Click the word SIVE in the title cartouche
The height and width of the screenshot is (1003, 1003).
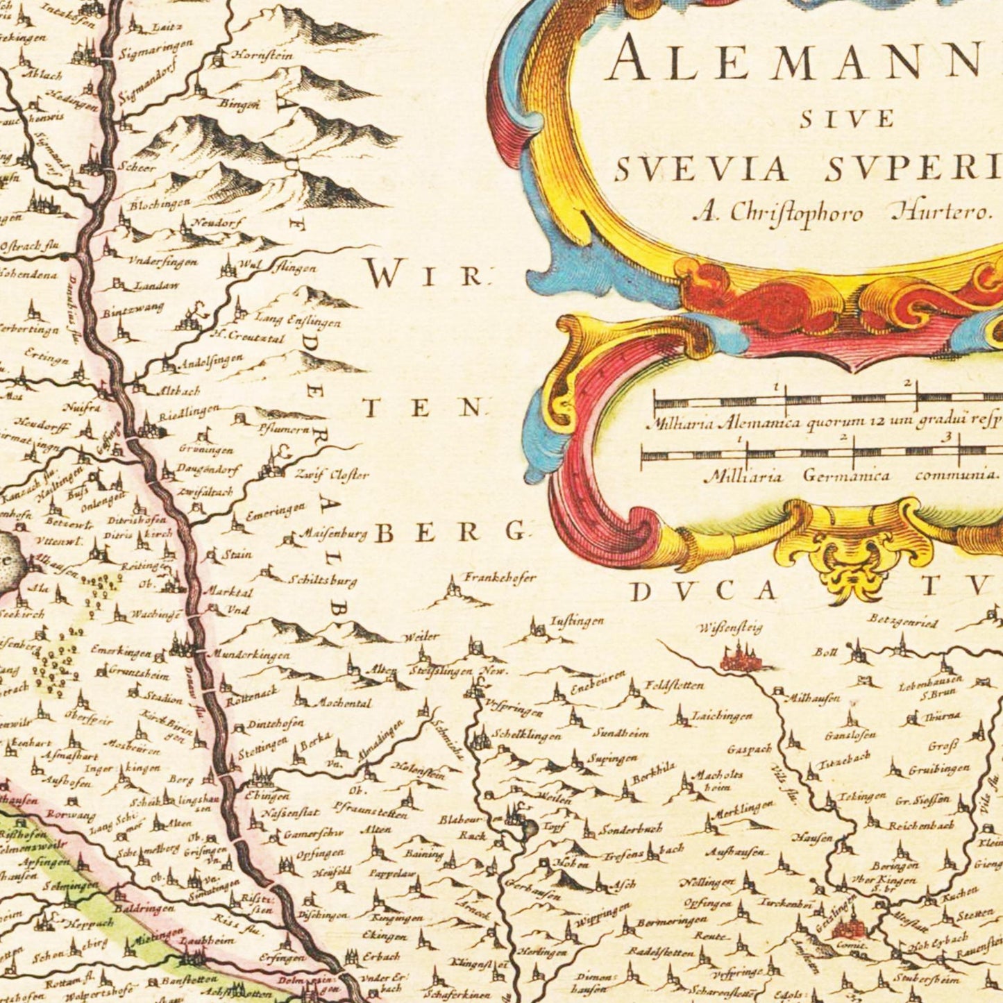pos(846,119)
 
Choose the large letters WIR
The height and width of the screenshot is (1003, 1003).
pos(423,276)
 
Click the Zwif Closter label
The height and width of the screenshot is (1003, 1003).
pos(332,475)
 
